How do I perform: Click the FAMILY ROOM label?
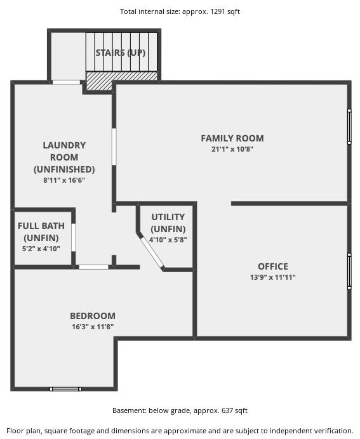coord(232,138)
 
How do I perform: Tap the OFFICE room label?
coord(273,266)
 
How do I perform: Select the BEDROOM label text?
coord(93,316)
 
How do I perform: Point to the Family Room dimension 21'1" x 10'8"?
coord(232,149)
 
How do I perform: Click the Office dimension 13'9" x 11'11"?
coord(273,277)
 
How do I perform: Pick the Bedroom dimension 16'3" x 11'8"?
coord(93,327)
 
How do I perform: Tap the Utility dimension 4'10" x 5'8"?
coord(168,240)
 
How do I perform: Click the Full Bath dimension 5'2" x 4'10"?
coord(41,249)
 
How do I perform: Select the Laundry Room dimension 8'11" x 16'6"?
coord(64,180)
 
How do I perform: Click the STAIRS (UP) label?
coord(121,53)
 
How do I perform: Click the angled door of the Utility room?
coord(152,253)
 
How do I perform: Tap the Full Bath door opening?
coord(74,237)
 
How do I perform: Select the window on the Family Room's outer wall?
coord(349,127)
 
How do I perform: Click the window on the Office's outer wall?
coord(349,272)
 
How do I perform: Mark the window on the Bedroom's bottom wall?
coord(65,389)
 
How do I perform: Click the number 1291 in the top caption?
coord(217,11)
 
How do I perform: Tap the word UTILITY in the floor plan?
coord(168,217)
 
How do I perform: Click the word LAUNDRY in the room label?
coord(64,145)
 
